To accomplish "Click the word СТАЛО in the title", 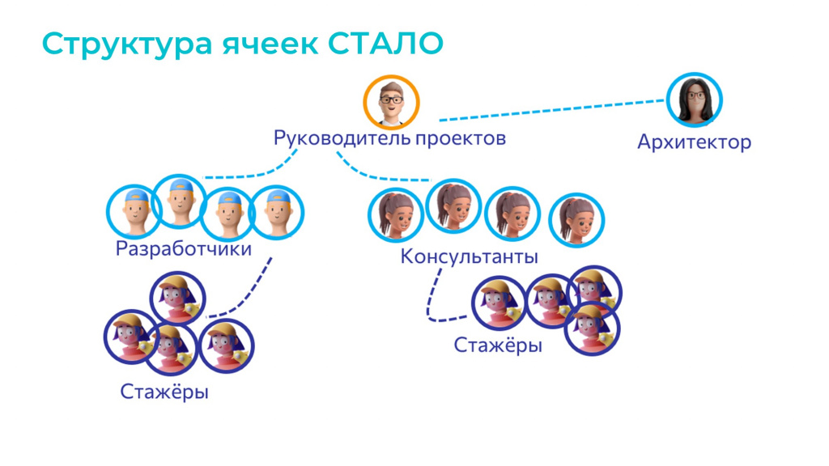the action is [x=385, y=44].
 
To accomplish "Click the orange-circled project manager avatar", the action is [x=391, y=103].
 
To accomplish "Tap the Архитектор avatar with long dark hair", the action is [x=694, y=100].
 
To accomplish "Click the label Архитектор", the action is [x=694, y=142].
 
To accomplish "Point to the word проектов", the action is [x=461, y=139].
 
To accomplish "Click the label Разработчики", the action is [x=184, y=248].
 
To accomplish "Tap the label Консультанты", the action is [x=469, y=256].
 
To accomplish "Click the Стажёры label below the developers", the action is [x=164, y=392].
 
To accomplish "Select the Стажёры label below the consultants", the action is [x=498, y=345].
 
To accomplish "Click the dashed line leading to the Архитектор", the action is [x=552, y=110].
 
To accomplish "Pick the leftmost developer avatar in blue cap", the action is [x=134, y=211].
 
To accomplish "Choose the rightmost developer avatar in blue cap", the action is [x=277, y=213].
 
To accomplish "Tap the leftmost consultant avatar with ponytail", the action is [x=396, y=215].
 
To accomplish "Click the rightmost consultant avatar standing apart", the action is [x=576, y=220].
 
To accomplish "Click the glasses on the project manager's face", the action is [x=391, y=99].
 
